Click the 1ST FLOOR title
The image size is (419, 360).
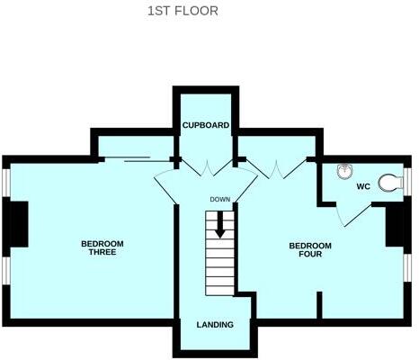[x=182, y=12]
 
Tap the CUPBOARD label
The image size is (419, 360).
[x=206, y=125]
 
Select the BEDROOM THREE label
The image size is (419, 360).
[x=102, y=247]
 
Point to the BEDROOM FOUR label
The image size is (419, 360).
[x=310, y=249]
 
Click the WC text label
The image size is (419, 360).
[x=363, y=187]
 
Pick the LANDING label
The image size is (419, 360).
[x=215, y=324]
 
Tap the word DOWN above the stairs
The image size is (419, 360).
[x=220, y=200]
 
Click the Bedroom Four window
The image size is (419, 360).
[x=408, y=270]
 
